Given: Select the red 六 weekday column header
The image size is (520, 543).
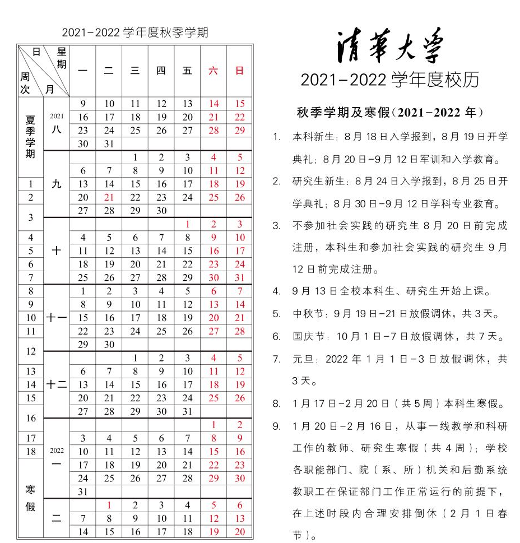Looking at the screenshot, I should click(213, 71).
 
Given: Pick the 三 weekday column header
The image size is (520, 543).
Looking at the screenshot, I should click(135, 71).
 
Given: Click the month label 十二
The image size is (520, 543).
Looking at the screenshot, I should click(57, 384).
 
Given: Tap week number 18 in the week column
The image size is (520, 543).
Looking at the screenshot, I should click(31, 452).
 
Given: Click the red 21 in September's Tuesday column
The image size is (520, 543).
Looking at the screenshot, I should click(109, 197).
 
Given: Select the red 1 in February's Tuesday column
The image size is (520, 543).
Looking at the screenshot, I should click(109, 505).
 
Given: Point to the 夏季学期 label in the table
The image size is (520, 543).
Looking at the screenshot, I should click(31, 136).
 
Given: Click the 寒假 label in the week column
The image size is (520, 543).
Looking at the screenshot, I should click(31, 498).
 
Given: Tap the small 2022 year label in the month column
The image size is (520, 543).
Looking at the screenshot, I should click(57, 451).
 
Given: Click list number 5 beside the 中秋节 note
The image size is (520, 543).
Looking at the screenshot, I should click(276, 314).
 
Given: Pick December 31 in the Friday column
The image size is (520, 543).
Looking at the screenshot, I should click(187, 411).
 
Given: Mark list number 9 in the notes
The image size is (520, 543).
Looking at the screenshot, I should click(276, 426).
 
